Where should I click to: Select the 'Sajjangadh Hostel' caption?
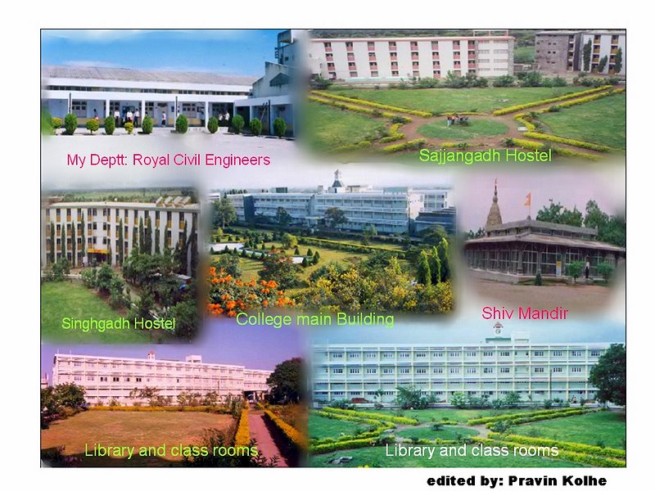coord(485,155)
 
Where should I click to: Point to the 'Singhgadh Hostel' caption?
coord(118,323)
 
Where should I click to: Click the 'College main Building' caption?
coord(315,319)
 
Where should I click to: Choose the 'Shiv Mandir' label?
coord(525,313)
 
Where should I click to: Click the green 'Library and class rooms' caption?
coord(171,451)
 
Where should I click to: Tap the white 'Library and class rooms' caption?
coord(472,451)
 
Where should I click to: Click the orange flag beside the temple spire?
coord(527,199)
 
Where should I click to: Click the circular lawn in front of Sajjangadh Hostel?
coord(463,128)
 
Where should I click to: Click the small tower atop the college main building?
coord(337,178)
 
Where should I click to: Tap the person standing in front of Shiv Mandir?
coord(587,268)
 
